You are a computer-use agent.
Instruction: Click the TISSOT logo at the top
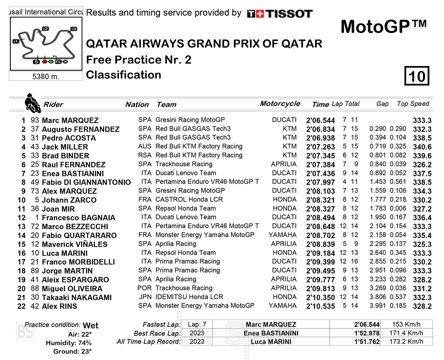[280, 14]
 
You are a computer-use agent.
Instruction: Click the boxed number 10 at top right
[417, 76]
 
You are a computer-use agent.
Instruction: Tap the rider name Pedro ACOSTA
[69, 138]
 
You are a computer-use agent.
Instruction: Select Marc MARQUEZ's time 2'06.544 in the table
[320, 120]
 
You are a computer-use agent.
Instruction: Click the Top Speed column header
[413, 104]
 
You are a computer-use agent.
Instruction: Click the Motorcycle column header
[280, 104]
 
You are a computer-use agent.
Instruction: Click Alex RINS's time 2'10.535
[320, 306]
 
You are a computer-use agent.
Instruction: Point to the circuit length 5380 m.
[46, 77]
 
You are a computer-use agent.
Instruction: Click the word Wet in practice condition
[91, 325]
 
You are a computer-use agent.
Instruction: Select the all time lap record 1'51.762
[367, 341]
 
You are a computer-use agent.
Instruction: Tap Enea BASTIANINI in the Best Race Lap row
[271, 333]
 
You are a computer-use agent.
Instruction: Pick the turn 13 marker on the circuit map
[74, 29]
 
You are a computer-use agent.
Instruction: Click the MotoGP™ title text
[383, 27]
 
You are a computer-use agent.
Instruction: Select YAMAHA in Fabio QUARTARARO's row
[282, 235]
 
